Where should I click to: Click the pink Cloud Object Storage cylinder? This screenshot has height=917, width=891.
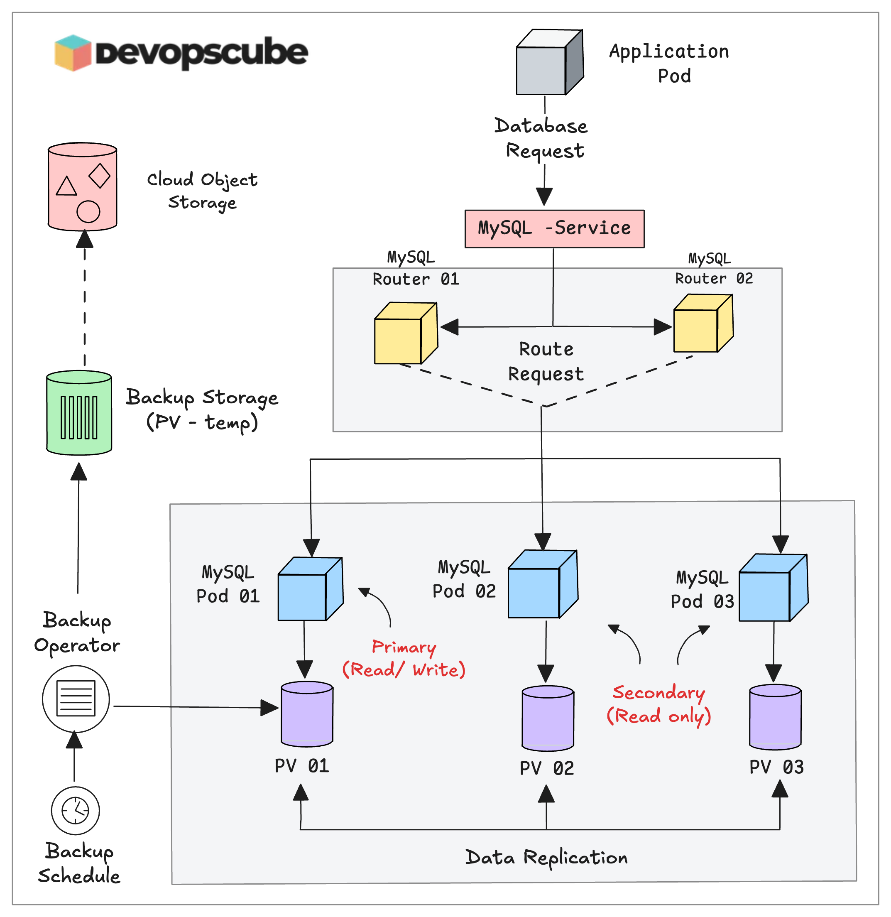tap(82, 187)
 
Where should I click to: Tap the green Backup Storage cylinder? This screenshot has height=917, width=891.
tap(79, 413)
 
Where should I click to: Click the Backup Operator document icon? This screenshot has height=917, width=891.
tap(76, 699)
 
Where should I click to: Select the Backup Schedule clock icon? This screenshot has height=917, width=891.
tap(75, 811)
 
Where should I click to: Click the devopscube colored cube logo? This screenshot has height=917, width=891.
tap(73, 52)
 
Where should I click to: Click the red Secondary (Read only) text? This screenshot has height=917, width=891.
tap(658, 704)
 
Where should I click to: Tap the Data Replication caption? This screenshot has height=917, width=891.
tap(546, 858)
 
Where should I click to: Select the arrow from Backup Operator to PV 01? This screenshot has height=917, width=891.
tap(196, 707)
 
